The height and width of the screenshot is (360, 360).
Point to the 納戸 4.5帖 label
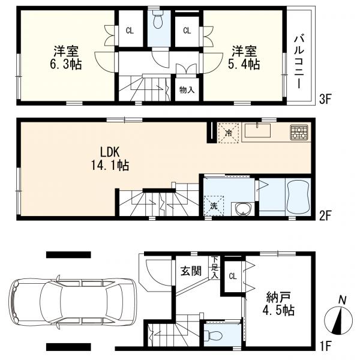coord(280,305)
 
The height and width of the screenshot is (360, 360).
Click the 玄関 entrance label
coord(191,271)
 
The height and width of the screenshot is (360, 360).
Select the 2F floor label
coord(325,214)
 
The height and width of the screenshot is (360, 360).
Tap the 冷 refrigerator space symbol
coord(227,133)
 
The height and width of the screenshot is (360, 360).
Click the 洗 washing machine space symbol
coord(214,204)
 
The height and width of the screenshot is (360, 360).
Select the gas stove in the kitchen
coord(298,133)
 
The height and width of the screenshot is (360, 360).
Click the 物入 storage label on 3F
coord(187,90)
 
